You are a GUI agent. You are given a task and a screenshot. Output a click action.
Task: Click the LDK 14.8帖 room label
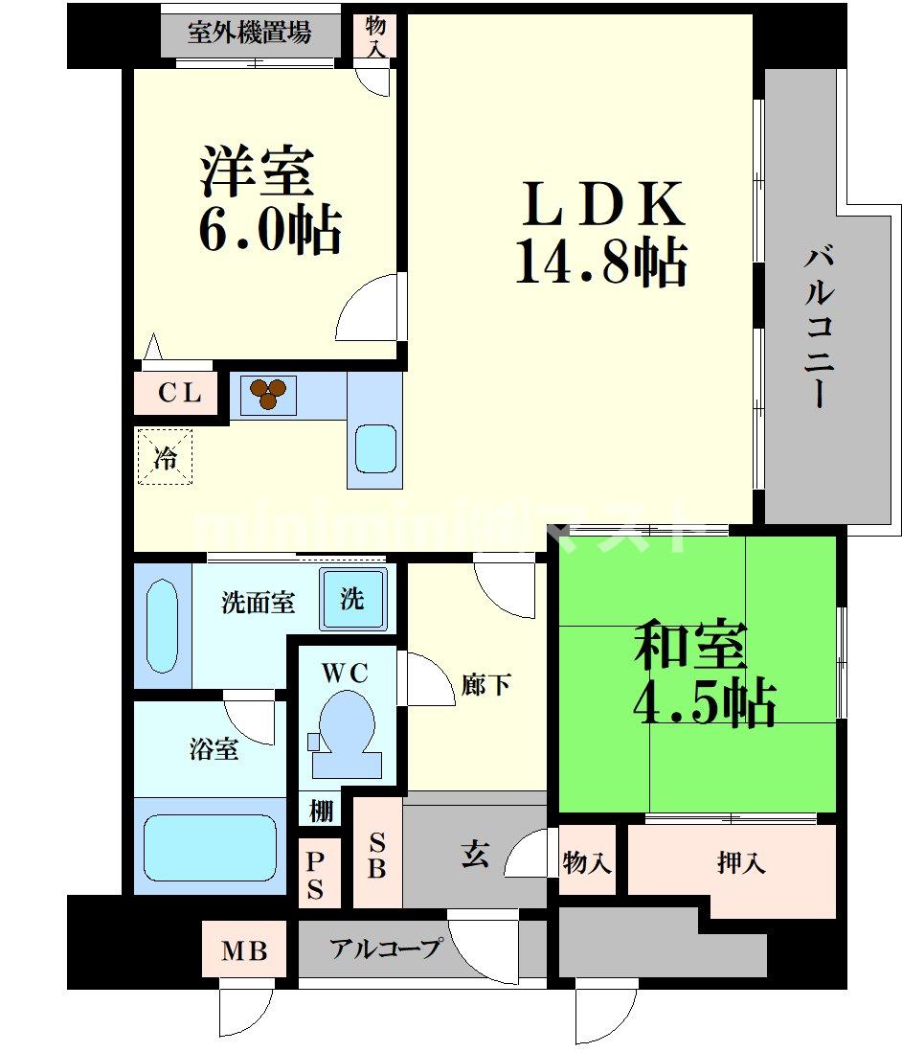pyautogui.click(x=601, y=233)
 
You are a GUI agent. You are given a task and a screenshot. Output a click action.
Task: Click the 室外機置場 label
pyautogui.click(x=249, y=33)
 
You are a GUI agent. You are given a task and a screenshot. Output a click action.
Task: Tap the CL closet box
pyautogui.click(x=180, y=393)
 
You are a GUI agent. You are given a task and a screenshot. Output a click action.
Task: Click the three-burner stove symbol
pyautogui.click(x=268, y=393)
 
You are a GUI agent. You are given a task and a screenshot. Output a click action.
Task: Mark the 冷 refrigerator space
pyautogui.click(x=166, y=458)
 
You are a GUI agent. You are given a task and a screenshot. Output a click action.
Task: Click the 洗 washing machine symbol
pyautogui.click(x=352, y=600)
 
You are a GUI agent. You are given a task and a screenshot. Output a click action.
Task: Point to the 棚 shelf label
pyautogui.click(x=322, y=811)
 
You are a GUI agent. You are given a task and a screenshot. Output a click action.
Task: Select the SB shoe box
pyautogui.click(x=377, y=856)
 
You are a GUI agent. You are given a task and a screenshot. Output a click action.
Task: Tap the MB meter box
pyautogui.click(x=244, y=951)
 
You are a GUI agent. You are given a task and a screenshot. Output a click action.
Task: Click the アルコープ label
pyautogui.click(x=386, y=949)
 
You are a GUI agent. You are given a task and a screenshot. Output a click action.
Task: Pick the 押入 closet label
pyautogui.click(x=741, y=864)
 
